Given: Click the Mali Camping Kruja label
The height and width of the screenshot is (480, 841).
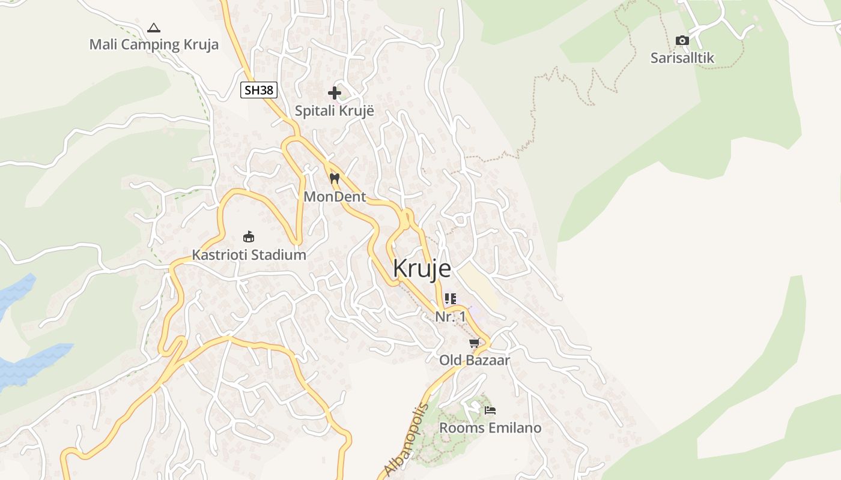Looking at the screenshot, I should (x=154, y=44).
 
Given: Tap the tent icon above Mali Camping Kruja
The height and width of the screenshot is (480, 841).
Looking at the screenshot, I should (x=154, y=28).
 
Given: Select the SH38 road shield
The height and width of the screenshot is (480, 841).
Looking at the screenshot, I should (x=259, y=91).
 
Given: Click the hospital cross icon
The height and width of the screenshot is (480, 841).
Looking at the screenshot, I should (x=335, y=93).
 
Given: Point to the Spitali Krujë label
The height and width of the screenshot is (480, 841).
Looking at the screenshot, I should (x=335, y=111).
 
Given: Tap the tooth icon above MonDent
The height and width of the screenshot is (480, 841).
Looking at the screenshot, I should (x=335, y=178).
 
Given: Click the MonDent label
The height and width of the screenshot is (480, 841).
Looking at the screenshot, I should (x=335, y=196).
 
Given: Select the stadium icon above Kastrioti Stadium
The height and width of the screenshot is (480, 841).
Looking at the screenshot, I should (x=248, y=236).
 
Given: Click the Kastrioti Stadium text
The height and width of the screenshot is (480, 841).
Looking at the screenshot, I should (x=249, y=254).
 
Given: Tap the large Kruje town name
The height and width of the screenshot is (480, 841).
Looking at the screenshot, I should (x=422, y=268).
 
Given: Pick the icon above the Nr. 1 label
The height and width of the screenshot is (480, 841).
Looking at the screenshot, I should (x=451, y=298).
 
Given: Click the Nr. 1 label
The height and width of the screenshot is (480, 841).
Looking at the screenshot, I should (x=451, y=316).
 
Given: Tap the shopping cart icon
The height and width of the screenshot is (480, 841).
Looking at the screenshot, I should (x=475, y=343).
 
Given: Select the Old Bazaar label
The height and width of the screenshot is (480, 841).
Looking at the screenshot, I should (x=475, y=361).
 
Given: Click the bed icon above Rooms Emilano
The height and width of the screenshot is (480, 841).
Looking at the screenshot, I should (x=490, y=410).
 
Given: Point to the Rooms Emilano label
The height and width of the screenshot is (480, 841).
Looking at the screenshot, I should (x=490, y=428).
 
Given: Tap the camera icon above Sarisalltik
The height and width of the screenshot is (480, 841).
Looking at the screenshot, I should (x=682, y=40).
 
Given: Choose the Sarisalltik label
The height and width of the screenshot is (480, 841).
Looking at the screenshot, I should (x=682, y=58).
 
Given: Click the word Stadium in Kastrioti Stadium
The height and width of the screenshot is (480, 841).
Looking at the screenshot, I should (x=278, y=254).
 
